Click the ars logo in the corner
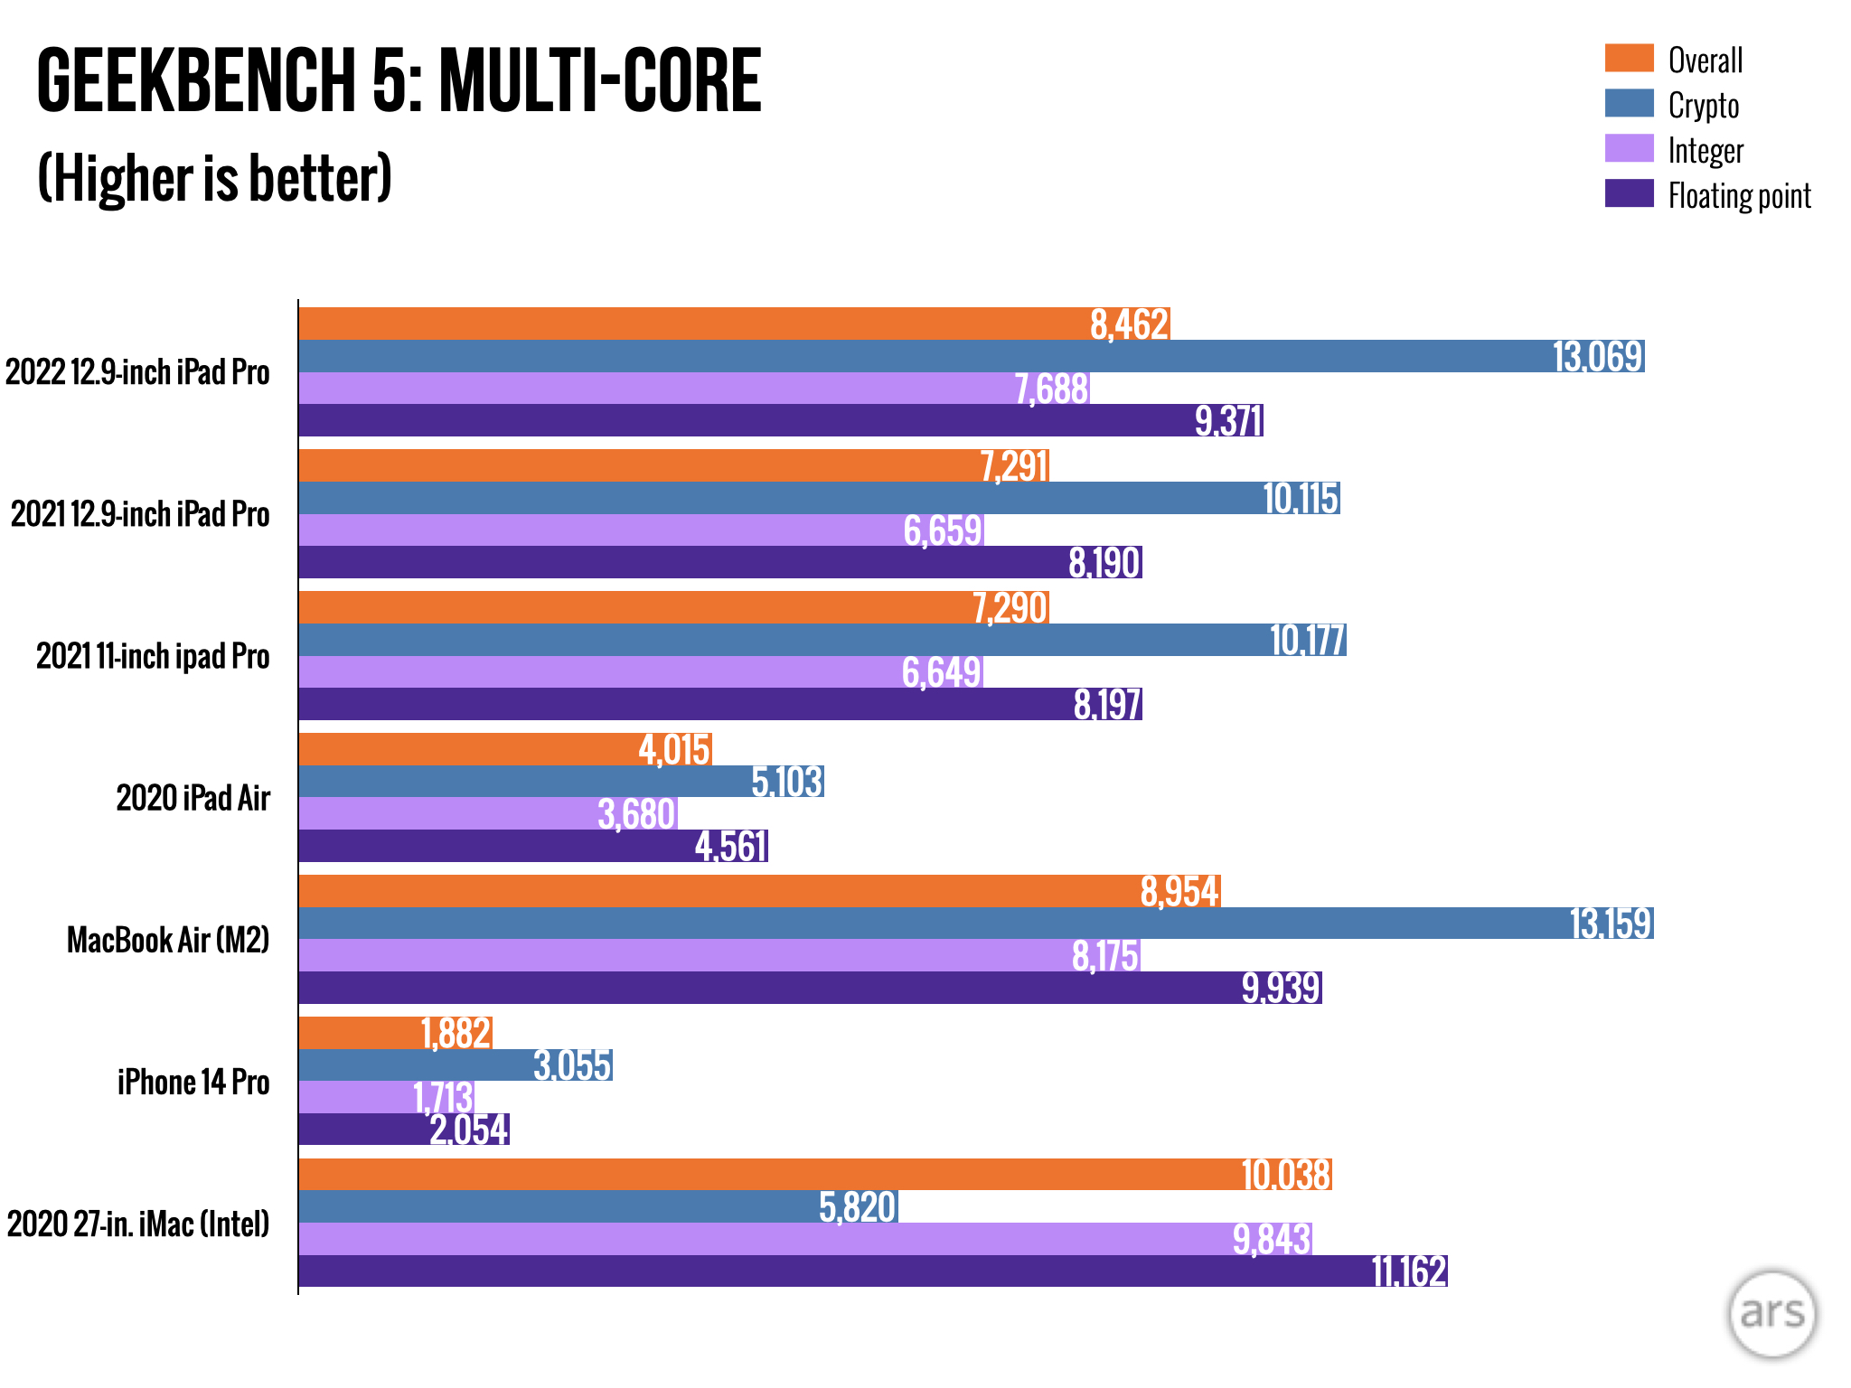[x=1772, y=1314]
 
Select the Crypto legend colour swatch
[x=1629, y=104]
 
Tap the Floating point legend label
[x=1739, y=196]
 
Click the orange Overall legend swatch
[x=1629, y=59]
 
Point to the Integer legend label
[x=1705, y=151]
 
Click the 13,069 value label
[x=1597, y=357]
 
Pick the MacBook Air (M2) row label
[x=168, y=940]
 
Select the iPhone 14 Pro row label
[x=193, y=1082]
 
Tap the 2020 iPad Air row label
[x=193, y=798]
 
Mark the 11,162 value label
[x=1409, y=1271]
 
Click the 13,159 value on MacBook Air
[x=1611, y=924]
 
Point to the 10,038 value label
[x=1285, y=1175]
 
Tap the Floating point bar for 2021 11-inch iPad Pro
[x=687, y=704]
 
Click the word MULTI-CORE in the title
[x=601, y=81]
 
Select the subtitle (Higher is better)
[x=215, y=178]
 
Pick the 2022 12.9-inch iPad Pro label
[x=137, y=372]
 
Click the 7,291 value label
[x=1014, y=466]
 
